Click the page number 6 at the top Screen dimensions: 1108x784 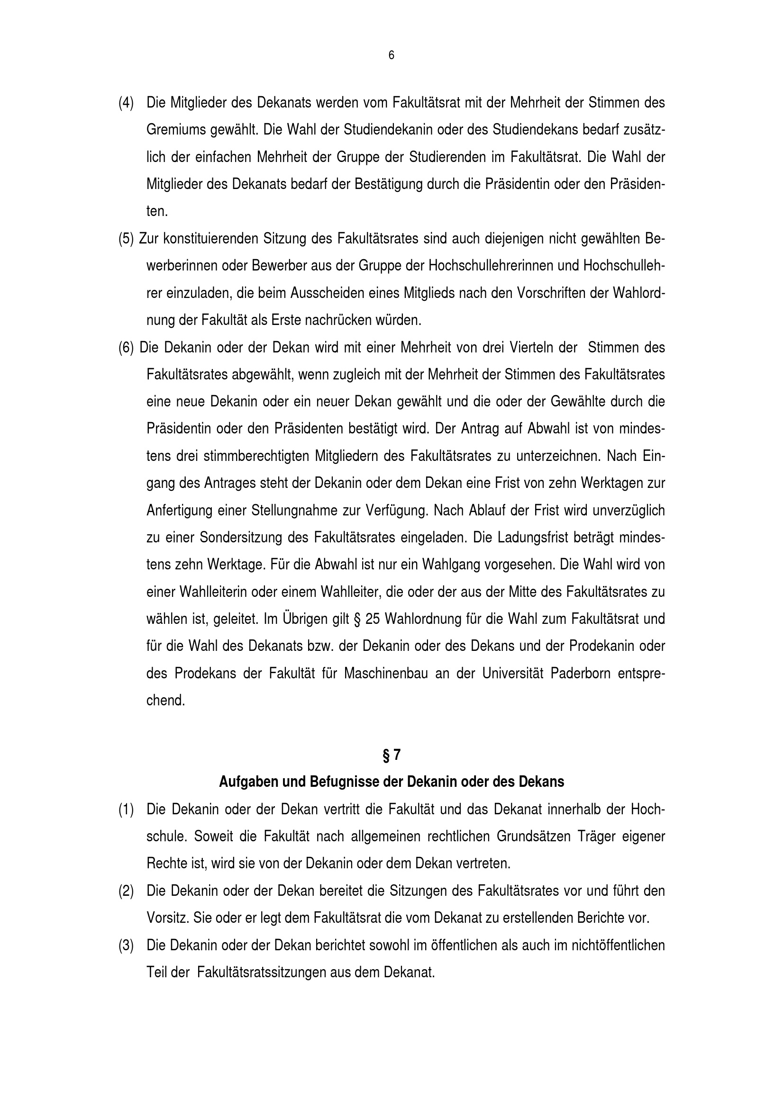tap(391, 56)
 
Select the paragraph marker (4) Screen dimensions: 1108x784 tap(126, 103)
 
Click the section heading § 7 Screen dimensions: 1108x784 tap(392, 755)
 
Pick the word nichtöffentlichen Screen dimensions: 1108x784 tap(618, 945)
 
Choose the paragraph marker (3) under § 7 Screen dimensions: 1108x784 tap(126, 945)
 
